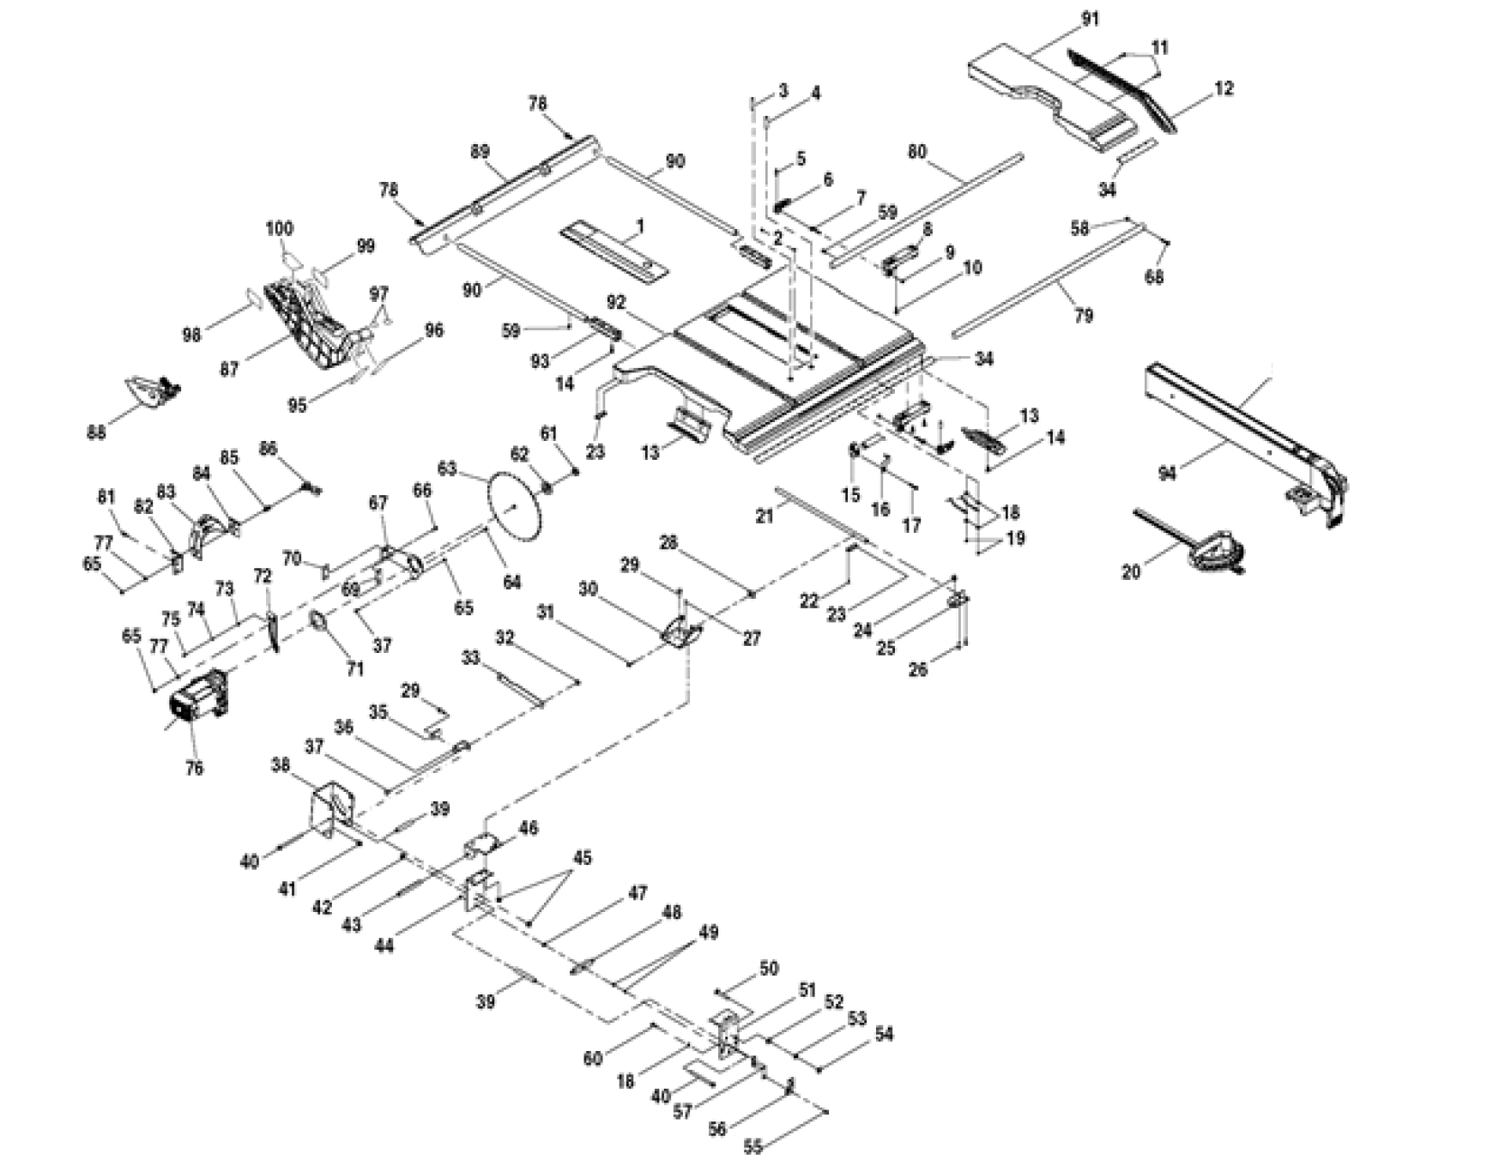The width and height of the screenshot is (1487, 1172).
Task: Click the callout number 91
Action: [1090, 18]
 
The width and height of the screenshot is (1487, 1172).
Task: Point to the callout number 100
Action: [280, 228]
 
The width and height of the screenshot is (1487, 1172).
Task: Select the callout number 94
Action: [1167, 472]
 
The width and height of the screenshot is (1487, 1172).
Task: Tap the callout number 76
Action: [195, 767]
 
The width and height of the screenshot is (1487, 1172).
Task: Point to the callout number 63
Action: [447, 468]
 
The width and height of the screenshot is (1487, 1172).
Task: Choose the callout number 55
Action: [753, 1146]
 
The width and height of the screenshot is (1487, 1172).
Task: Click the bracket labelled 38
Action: [331, 807]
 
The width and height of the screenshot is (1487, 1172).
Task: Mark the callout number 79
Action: [1084, 316]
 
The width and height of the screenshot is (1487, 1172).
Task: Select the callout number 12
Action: [1224, 88]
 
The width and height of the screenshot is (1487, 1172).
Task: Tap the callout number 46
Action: [529, 828]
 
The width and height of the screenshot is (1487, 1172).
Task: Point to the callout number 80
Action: [917, 152]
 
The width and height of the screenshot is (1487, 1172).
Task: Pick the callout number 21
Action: [764, 516]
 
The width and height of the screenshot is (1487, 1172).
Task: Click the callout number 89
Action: [480, 152]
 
